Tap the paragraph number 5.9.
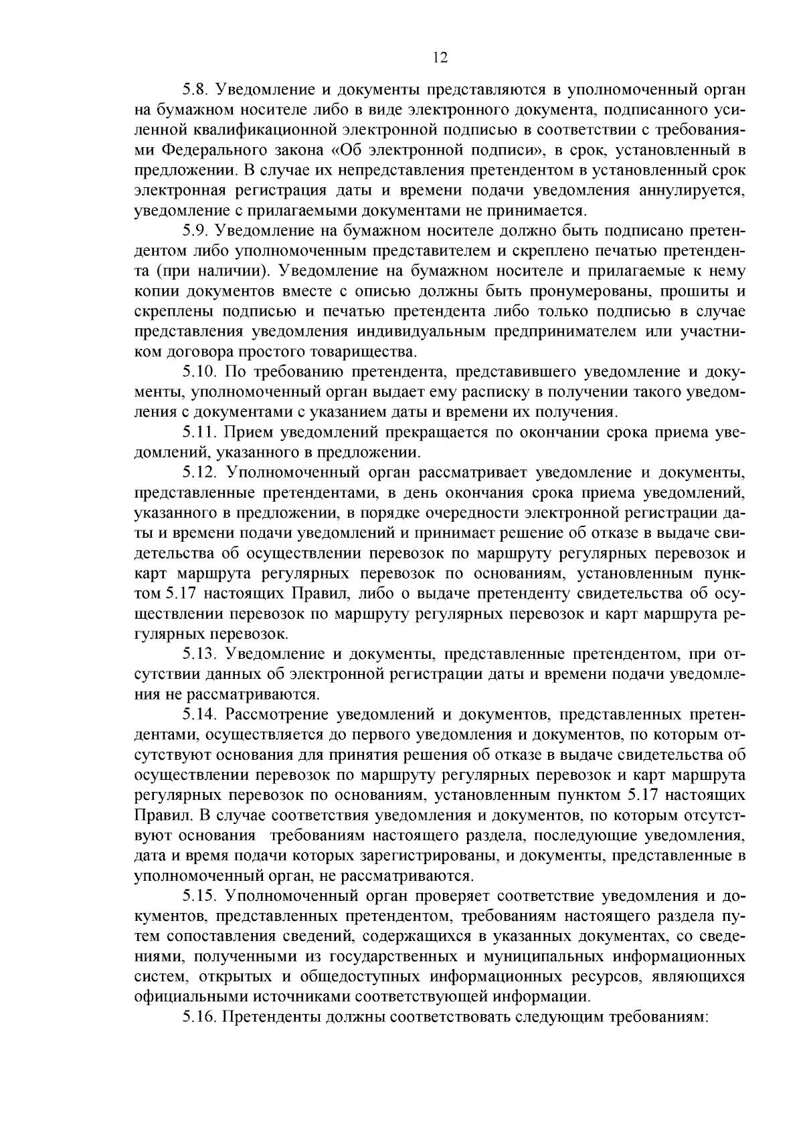click(197, 231)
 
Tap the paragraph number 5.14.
click(201, 715)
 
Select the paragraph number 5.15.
click(201, 896)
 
